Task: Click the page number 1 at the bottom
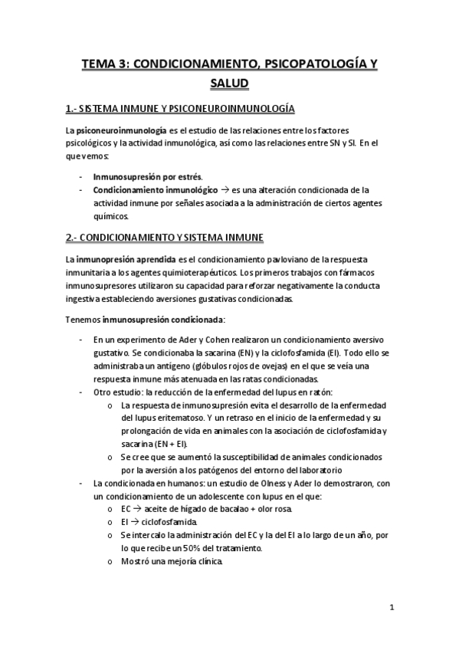click(391, 608)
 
